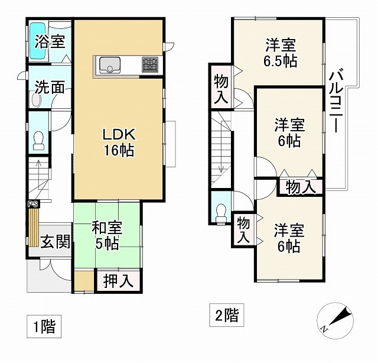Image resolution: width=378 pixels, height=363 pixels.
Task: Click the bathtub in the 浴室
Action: tap(38, 42)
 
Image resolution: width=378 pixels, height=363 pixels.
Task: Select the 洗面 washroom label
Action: tap(49, 87)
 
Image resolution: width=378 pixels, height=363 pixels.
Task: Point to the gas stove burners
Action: tap(149, 64)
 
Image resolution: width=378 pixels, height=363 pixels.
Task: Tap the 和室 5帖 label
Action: tap(107, 234)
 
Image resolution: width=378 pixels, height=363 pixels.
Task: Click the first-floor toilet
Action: tap(38, 142)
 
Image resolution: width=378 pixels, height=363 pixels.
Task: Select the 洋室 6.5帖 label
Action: tap(280, 53)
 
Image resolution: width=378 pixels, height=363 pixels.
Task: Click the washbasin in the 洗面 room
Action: tap(35, 101)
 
